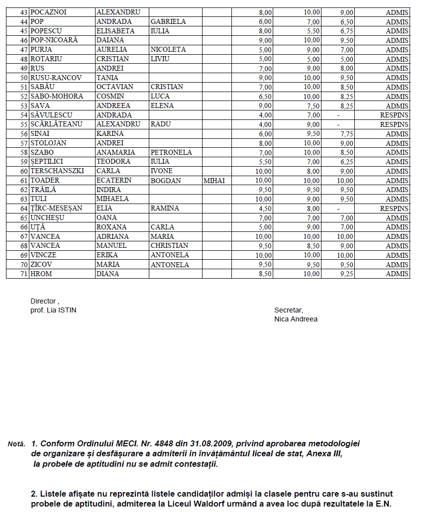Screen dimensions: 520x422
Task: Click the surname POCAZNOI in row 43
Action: point(49,12)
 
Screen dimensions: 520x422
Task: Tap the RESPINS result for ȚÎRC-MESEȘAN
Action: point(394,208)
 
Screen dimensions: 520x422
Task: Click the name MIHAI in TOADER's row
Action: point(214,181)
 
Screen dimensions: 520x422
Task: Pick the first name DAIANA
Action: point(110,40)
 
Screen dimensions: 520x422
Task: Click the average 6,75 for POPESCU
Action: point(346,31)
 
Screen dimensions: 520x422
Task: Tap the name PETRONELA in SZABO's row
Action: point(171,152)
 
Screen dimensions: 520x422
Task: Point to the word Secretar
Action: point(289,310)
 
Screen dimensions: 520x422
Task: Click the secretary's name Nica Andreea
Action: point(296,319)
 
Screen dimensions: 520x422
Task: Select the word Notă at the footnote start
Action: point(16,443)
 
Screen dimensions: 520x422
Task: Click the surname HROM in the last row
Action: point(41,274)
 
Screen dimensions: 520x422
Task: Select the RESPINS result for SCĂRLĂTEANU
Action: point(394,124)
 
